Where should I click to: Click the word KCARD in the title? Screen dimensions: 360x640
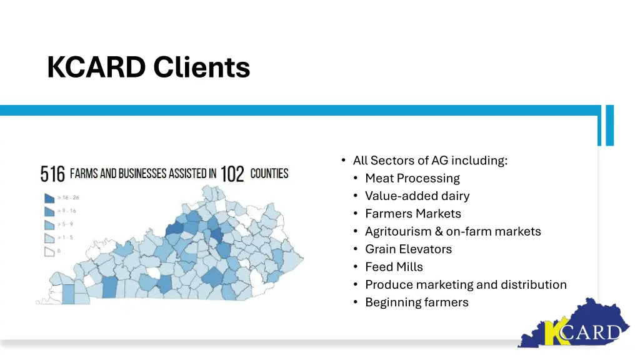coord(96,67)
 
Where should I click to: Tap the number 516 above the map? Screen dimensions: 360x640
coord(52,174)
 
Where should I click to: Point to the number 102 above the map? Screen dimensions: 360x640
coord(232,174)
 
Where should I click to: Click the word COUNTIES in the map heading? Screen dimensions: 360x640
coord(269,173)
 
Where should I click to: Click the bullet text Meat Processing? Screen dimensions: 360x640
coord(412,178)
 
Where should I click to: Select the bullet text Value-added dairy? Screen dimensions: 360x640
coord(417,196)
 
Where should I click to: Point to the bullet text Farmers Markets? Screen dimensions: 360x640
coord(412,214)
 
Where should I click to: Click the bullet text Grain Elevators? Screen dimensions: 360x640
coord(408,249)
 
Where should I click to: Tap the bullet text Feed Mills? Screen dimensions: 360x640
coord(394,267)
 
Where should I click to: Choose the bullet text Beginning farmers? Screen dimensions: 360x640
coord(416,302)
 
